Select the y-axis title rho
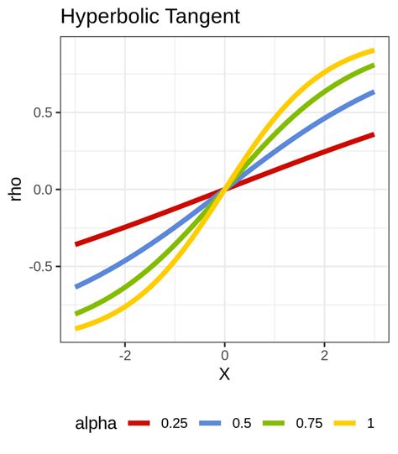(x=16, y=189)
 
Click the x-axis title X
(x=224, y=374)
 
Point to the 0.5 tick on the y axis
(x=42, y=112)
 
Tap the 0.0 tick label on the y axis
(x=42, y=190)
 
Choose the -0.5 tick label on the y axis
(x=39, y=266)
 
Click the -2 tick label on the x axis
(x=123, y=355)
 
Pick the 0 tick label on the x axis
(x=224, y=355)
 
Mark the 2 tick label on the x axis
(x=324, y=355)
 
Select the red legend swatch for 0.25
(x=139, y=424)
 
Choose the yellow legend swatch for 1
(x=346, y=424)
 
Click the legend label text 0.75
(x=308, y=424)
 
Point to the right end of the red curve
(x=374, y=134)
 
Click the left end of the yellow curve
(x=76, y=328)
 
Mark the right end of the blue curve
(x=374, y=91)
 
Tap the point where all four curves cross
(x=224, y=189)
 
